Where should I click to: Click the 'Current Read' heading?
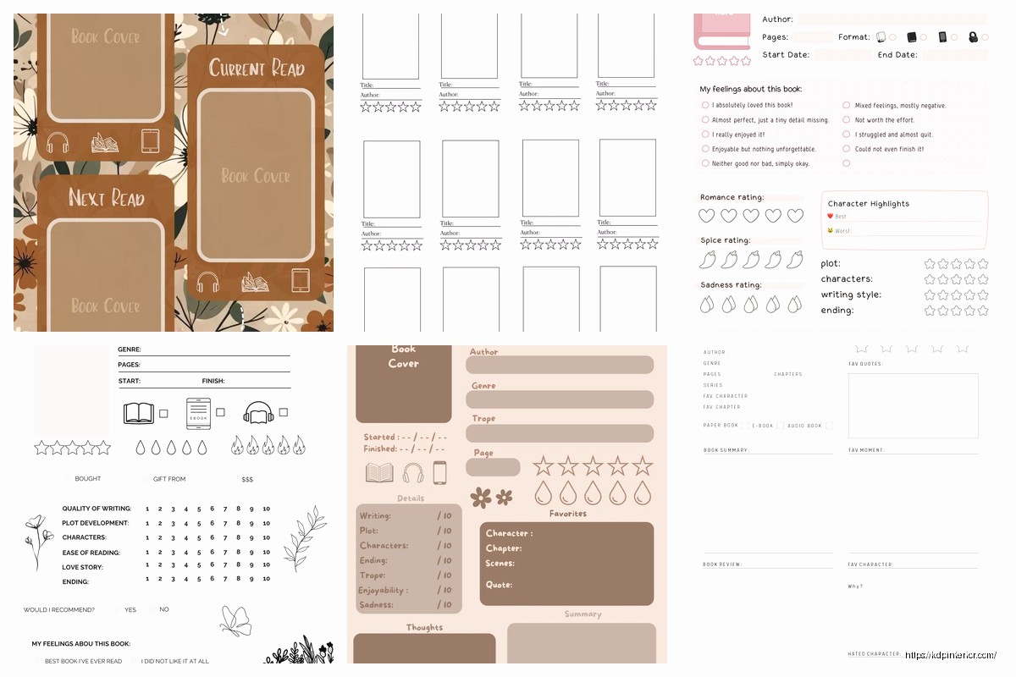[x=257, y=69]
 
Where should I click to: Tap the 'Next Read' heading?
[x=107, y=198]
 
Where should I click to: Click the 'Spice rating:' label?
[x=725, y=240]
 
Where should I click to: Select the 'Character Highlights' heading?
[x=868, y=204]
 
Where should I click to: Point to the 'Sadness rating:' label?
[x=731, y=285]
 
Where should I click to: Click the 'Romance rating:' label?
[x=732, y=197]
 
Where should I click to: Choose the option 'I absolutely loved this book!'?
[x=752, y=105]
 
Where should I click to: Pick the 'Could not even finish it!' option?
[x=889, y=149]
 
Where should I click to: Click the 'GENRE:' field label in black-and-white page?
[x=130, y=350]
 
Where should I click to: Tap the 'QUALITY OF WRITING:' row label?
[x=97, y=509]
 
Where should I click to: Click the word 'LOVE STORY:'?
[x=83, y=566]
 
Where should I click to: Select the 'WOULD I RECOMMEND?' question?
[x=59, y=609]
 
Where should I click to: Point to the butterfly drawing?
[x=235, y=619]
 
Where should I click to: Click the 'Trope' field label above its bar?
[x=483, y=418]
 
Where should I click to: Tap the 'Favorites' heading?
[x=567, y=514]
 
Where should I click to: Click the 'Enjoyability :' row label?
[x=383, y=590]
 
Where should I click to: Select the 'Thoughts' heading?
[x=424, y=627]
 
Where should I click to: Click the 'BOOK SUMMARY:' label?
[x=726, y=450]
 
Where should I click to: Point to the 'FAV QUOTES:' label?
[x=865, y=364]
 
